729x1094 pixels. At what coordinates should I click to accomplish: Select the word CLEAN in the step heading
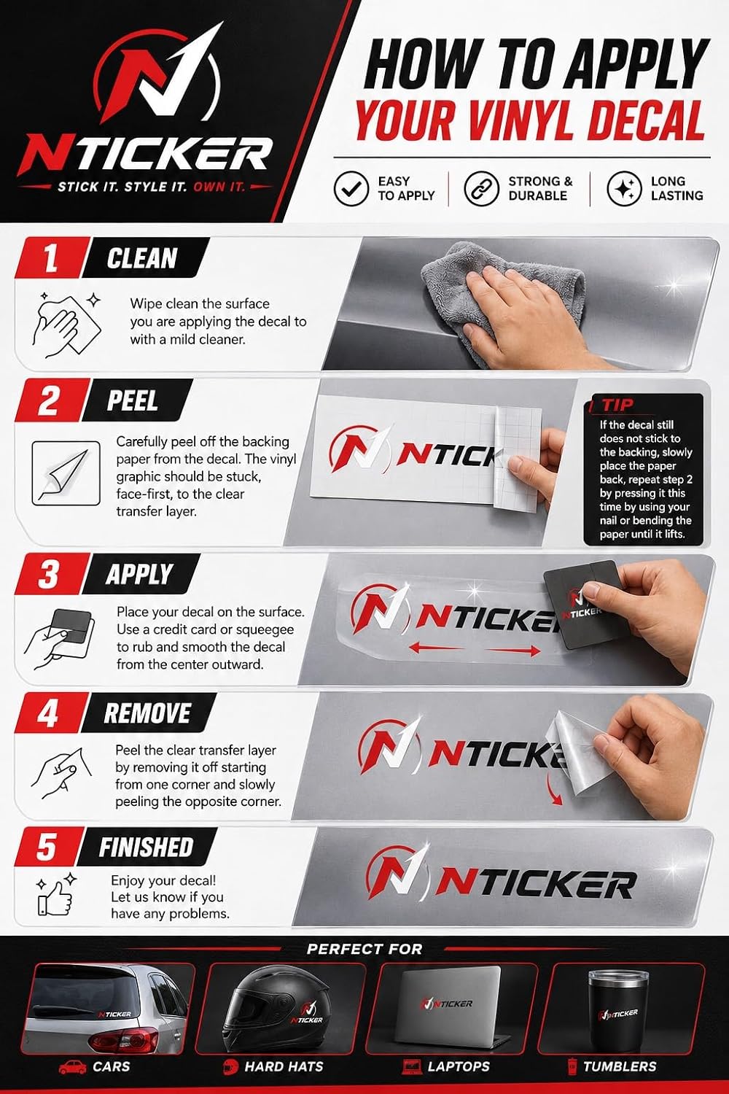tap(141, 258)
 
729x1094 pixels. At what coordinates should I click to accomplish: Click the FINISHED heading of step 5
tap(146, 847)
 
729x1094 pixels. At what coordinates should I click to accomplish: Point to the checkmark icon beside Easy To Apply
tap(351, 188)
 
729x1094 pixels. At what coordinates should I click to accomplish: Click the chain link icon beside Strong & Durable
tap(481, 188)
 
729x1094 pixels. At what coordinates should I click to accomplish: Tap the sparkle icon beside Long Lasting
tap(624, 188)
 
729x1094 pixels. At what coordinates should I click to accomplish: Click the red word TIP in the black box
tap(617, 405)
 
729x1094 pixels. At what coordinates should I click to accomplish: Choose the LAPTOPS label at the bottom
tap(458, 1066)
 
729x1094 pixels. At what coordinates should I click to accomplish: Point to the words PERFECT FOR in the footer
tap(364, 949)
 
